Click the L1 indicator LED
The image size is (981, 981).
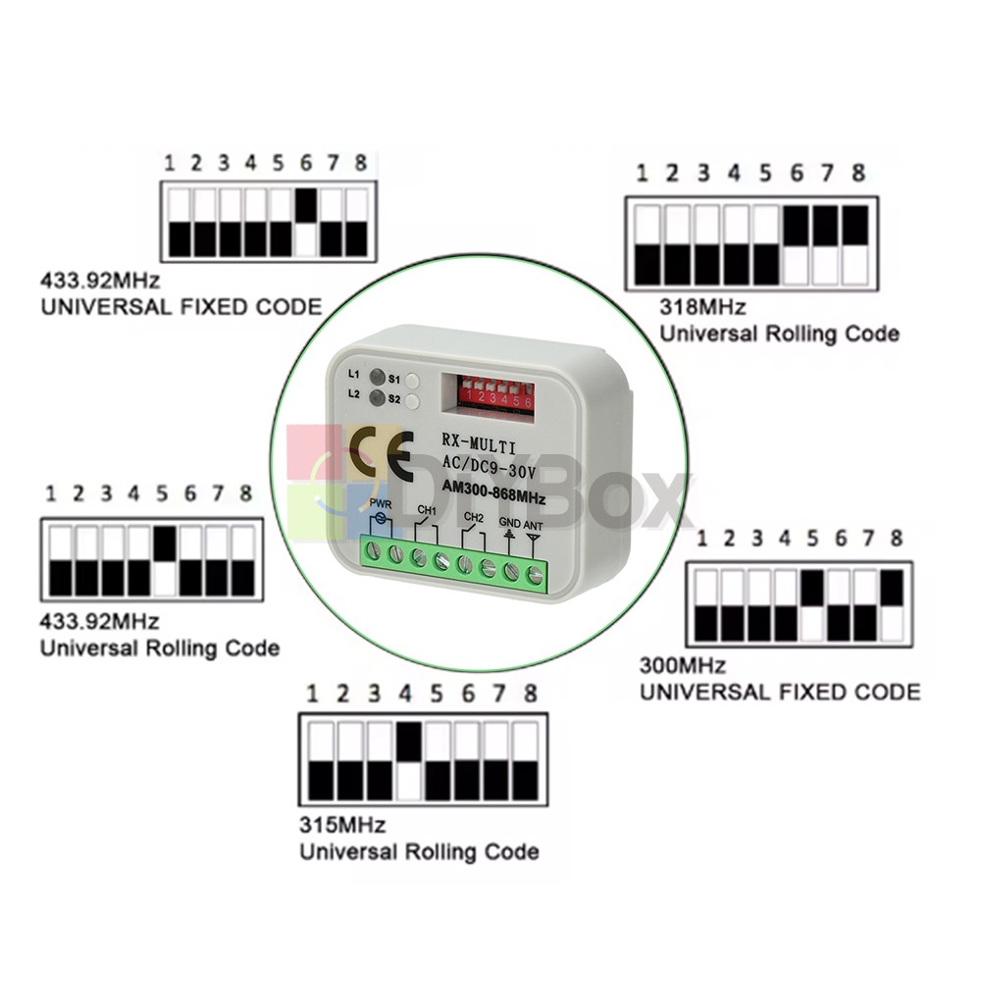click(375, 377)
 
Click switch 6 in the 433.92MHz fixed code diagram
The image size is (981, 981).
click(306, 223)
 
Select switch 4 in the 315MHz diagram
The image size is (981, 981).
click(409, 760)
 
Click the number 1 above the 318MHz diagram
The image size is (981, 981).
click(643, 174)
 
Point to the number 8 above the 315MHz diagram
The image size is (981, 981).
click(531, 694)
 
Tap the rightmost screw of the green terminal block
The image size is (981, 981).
click(535, 570)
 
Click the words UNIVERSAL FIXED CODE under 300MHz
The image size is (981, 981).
click(780, 692)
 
